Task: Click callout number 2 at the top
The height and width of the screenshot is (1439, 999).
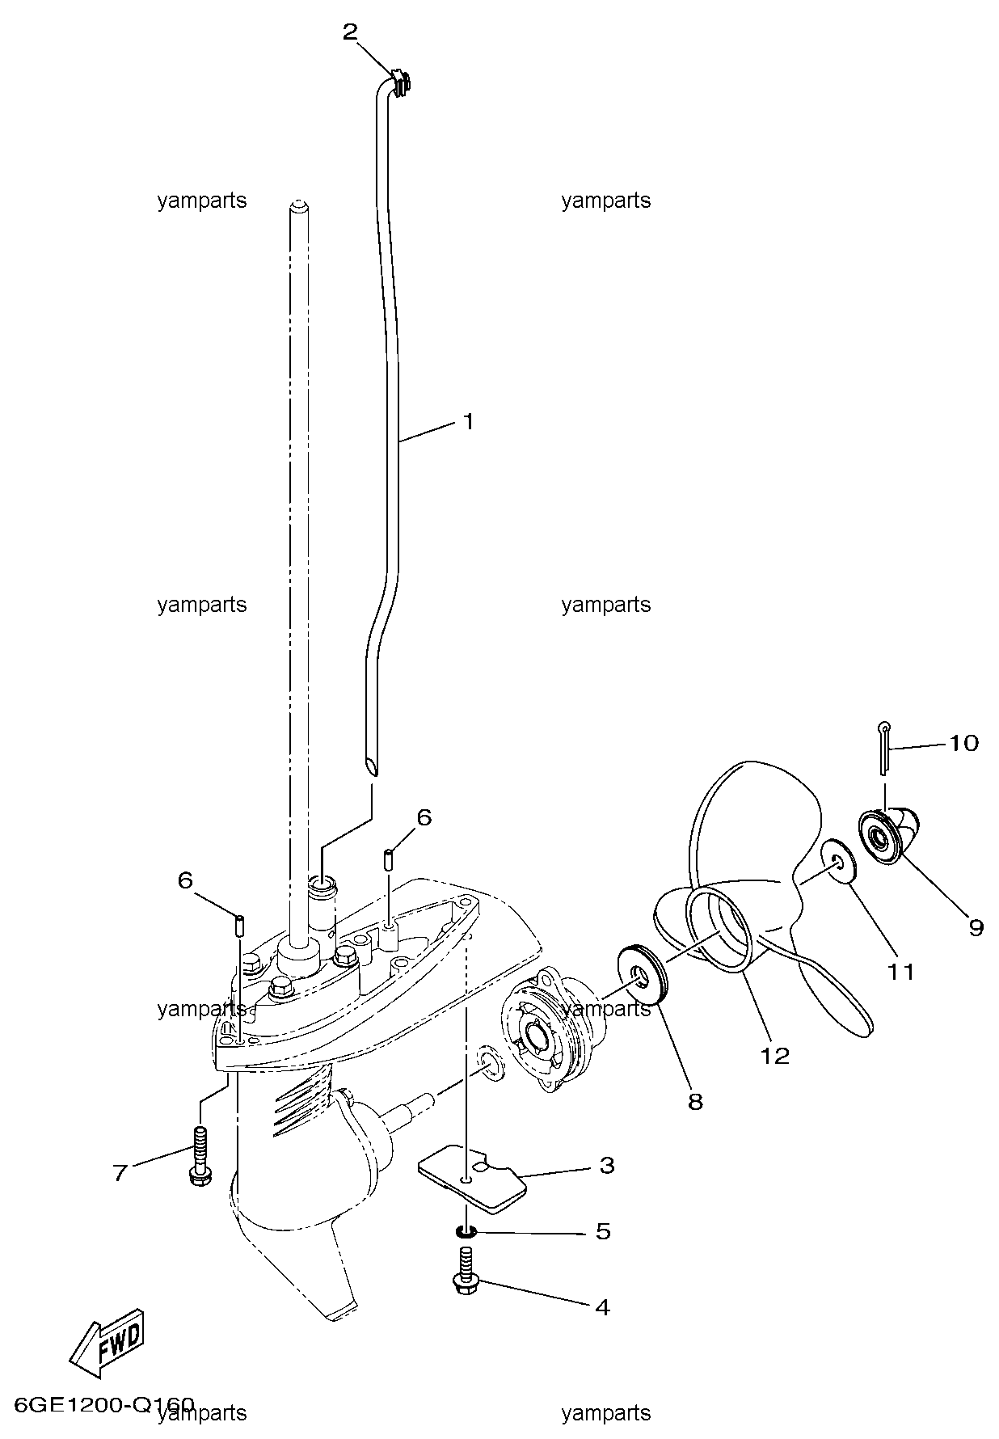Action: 350,32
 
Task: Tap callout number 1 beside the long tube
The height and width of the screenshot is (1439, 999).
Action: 468,421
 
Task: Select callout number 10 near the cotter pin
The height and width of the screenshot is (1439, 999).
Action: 963,742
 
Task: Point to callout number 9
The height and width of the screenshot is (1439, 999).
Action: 976,928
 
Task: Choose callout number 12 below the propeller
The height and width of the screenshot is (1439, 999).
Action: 774,1055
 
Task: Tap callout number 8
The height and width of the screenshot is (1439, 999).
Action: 695,1101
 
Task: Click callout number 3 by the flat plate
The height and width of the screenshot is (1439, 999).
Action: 606,1165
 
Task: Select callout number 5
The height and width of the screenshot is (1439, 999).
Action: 603,1231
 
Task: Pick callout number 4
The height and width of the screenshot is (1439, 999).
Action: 602,1306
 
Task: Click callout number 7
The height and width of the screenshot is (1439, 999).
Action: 120,1173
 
